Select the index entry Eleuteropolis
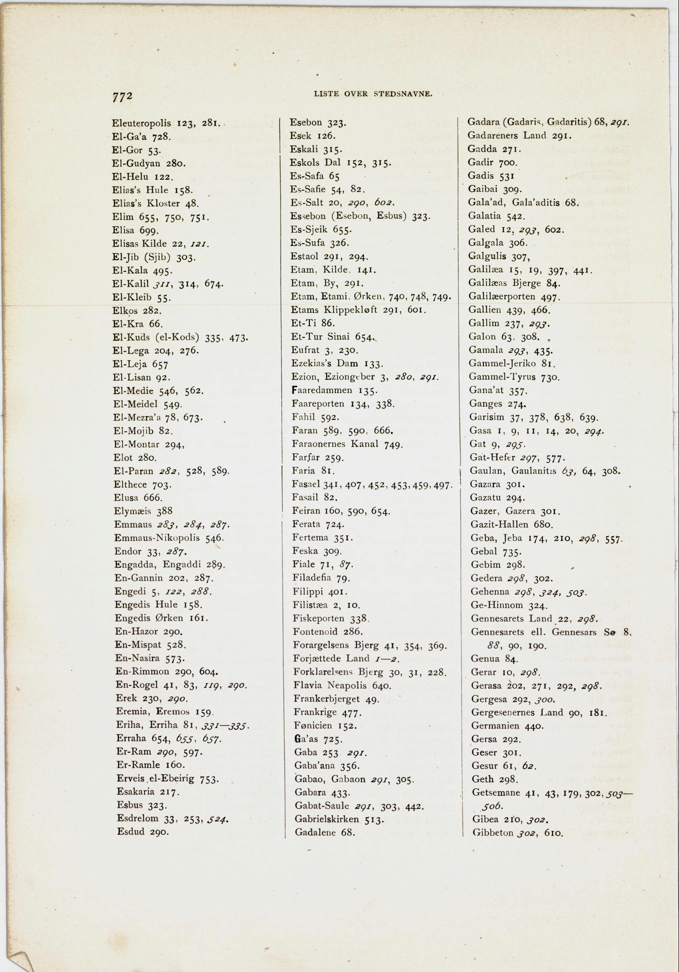click(141, 123)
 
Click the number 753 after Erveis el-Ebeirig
click(209, 779)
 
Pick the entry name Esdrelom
click(138, 818)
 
